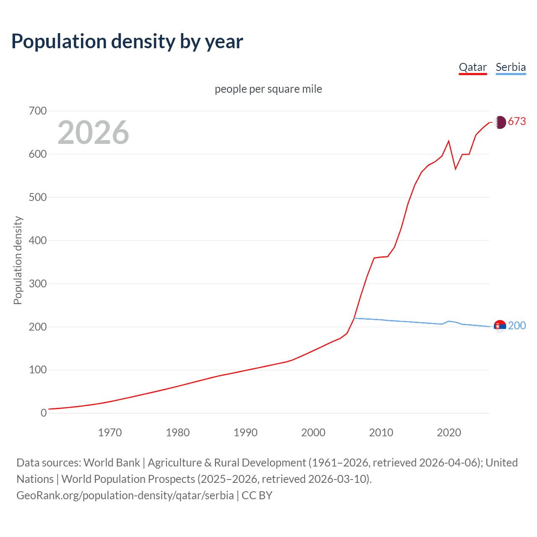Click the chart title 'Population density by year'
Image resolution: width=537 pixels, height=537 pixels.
pos(127,42)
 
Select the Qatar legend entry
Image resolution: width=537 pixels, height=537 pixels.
pos(473,67)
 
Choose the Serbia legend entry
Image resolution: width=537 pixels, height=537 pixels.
pos(511,67)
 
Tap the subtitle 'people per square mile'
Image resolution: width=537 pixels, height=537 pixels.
pos(268,89)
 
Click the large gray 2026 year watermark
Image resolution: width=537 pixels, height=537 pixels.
pos(93,133)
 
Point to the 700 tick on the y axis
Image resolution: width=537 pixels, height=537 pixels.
pos(38,111)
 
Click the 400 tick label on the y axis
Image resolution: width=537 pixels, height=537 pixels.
pos(38,241)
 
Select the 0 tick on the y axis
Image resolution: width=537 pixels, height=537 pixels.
pos(44,413)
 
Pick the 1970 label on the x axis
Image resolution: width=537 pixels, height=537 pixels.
pos(110,433)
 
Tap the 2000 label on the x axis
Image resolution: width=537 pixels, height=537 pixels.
pos(313,433)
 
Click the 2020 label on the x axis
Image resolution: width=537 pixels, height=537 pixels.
pos(449,433)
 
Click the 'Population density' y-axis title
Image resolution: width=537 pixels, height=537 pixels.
pos(18,260)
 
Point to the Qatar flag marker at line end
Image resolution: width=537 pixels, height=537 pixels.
pos(500,122)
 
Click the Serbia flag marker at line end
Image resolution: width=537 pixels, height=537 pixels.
pos(500,326)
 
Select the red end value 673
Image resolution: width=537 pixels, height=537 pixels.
pos(517,122)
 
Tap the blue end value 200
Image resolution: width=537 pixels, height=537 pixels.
pos(517,326)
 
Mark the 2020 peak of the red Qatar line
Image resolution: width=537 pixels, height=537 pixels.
pos(449,141)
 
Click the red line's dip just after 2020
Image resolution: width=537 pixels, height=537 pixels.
pos(456,169)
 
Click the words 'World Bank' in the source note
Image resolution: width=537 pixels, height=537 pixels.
pos(112,463)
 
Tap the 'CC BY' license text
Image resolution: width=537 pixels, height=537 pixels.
pos(257,495)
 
